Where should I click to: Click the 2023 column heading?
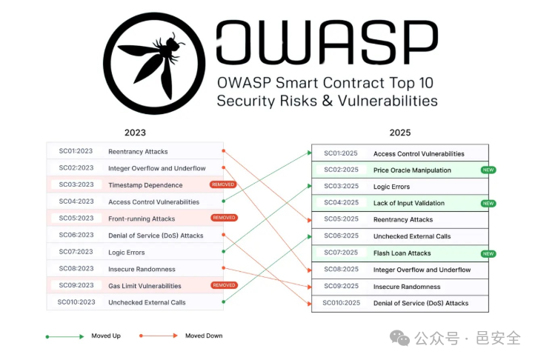(x=135, y=133)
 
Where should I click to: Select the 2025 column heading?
(x=400, y=133)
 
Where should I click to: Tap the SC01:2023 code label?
(x=76, y=151)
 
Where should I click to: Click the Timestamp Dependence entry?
(x=145, y=185)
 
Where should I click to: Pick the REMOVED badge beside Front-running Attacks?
(x=223, y=218)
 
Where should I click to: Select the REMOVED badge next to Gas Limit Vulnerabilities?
(x=223, y=285)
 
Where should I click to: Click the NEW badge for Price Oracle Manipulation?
(x=488, y=170)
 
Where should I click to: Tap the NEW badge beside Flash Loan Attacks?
(x=488, y=253)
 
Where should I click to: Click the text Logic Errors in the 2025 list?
(x=392, y=187)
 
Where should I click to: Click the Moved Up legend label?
(x=106, y=336)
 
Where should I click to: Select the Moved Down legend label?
(x=204, y=336)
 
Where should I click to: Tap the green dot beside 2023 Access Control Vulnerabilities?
(x=223, y=201)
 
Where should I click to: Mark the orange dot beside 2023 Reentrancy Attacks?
(x=223, y=151)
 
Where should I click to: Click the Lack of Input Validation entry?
(x=409, y=203)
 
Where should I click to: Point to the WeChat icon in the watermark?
(x=400, y=338)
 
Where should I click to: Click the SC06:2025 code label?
(x=341, y=236)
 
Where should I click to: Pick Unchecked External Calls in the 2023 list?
(x=147, y=302)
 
